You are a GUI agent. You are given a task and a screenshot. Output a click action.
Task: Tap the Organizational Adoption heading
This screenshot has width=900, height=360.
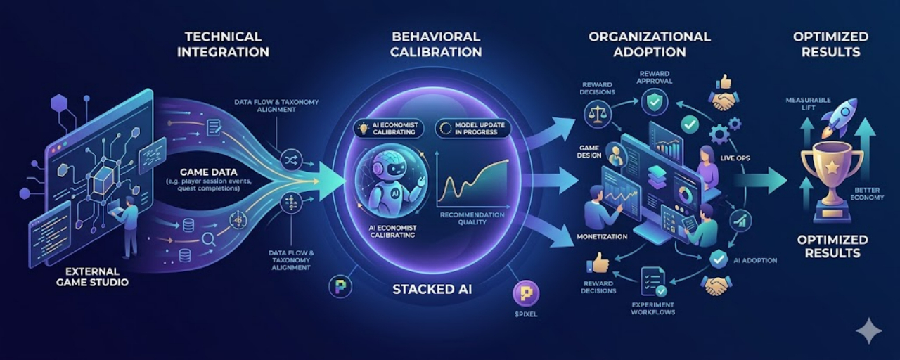649,44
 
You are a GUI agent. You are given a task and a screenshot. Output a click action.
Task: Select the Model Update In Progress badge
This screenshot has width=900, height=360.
472,128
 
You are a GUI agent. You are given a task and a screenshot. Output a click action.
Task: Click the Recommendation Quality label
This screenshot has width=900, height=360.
472,219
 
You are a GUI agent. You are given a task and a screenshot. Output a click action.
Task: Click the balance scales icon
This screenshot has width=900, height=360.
598,112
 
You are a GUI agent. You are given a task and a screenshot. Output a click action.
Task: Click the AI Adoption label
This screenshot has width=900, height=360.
755,260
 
